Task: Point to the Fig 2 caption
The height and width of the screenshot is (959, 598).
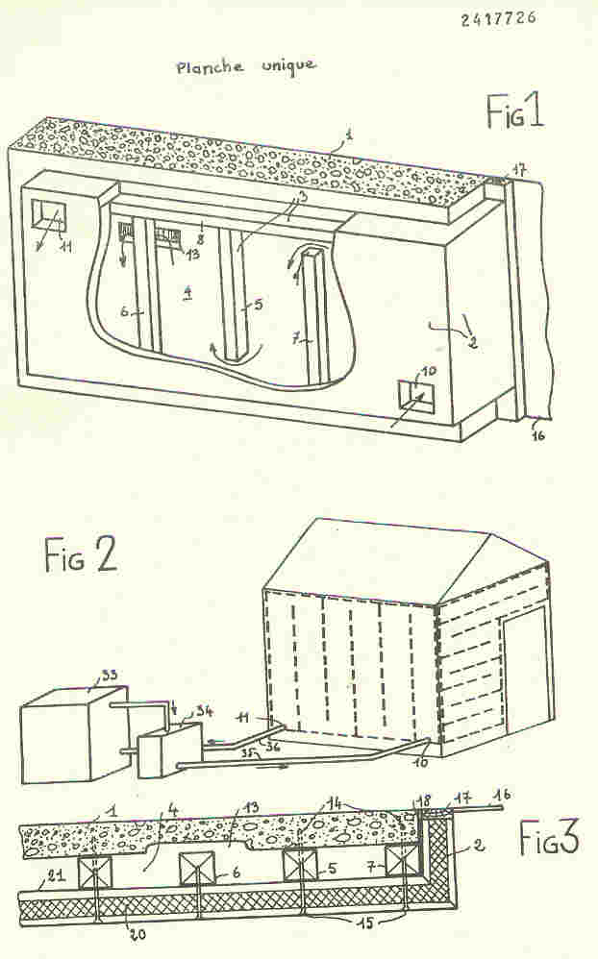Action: coord(81,555)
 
